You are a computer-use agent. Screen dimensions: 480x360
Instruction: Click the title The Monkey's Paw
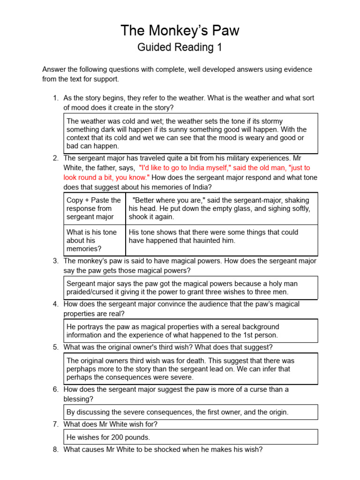click(180, 31)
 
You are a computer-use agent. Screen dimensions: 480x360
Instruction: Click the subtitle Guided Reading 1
click(180, 47)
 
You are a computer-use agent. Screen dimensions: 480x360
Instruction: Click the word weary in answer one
click(255, 138)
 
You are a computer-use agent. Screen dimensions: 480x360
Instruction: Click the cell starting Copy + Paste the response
click(94, 209)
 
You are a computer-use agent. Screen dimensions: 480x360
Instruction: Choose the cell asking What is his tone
click(91, 240)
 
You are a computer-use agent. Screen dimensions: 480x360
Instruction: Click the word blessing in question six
click(78, 399)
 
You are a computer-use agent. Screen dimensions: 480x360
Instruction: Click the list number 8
click(55, 450)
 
